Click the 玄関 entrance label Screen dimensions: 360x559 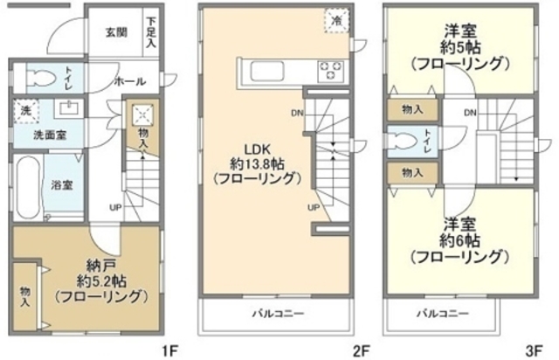click(x=117, y=33)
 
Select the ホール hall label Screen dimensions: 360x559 click(x=129, y=81)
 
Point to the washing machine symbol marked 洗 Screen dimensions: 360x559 click(x=24, y=111)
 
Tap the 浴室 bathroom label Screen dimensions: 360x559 click(x=60, y=186)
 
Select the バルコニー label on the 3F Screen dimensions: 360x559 click(x=444, y=312)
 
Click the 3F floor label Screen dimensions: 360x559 click(x=531, y=350)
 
